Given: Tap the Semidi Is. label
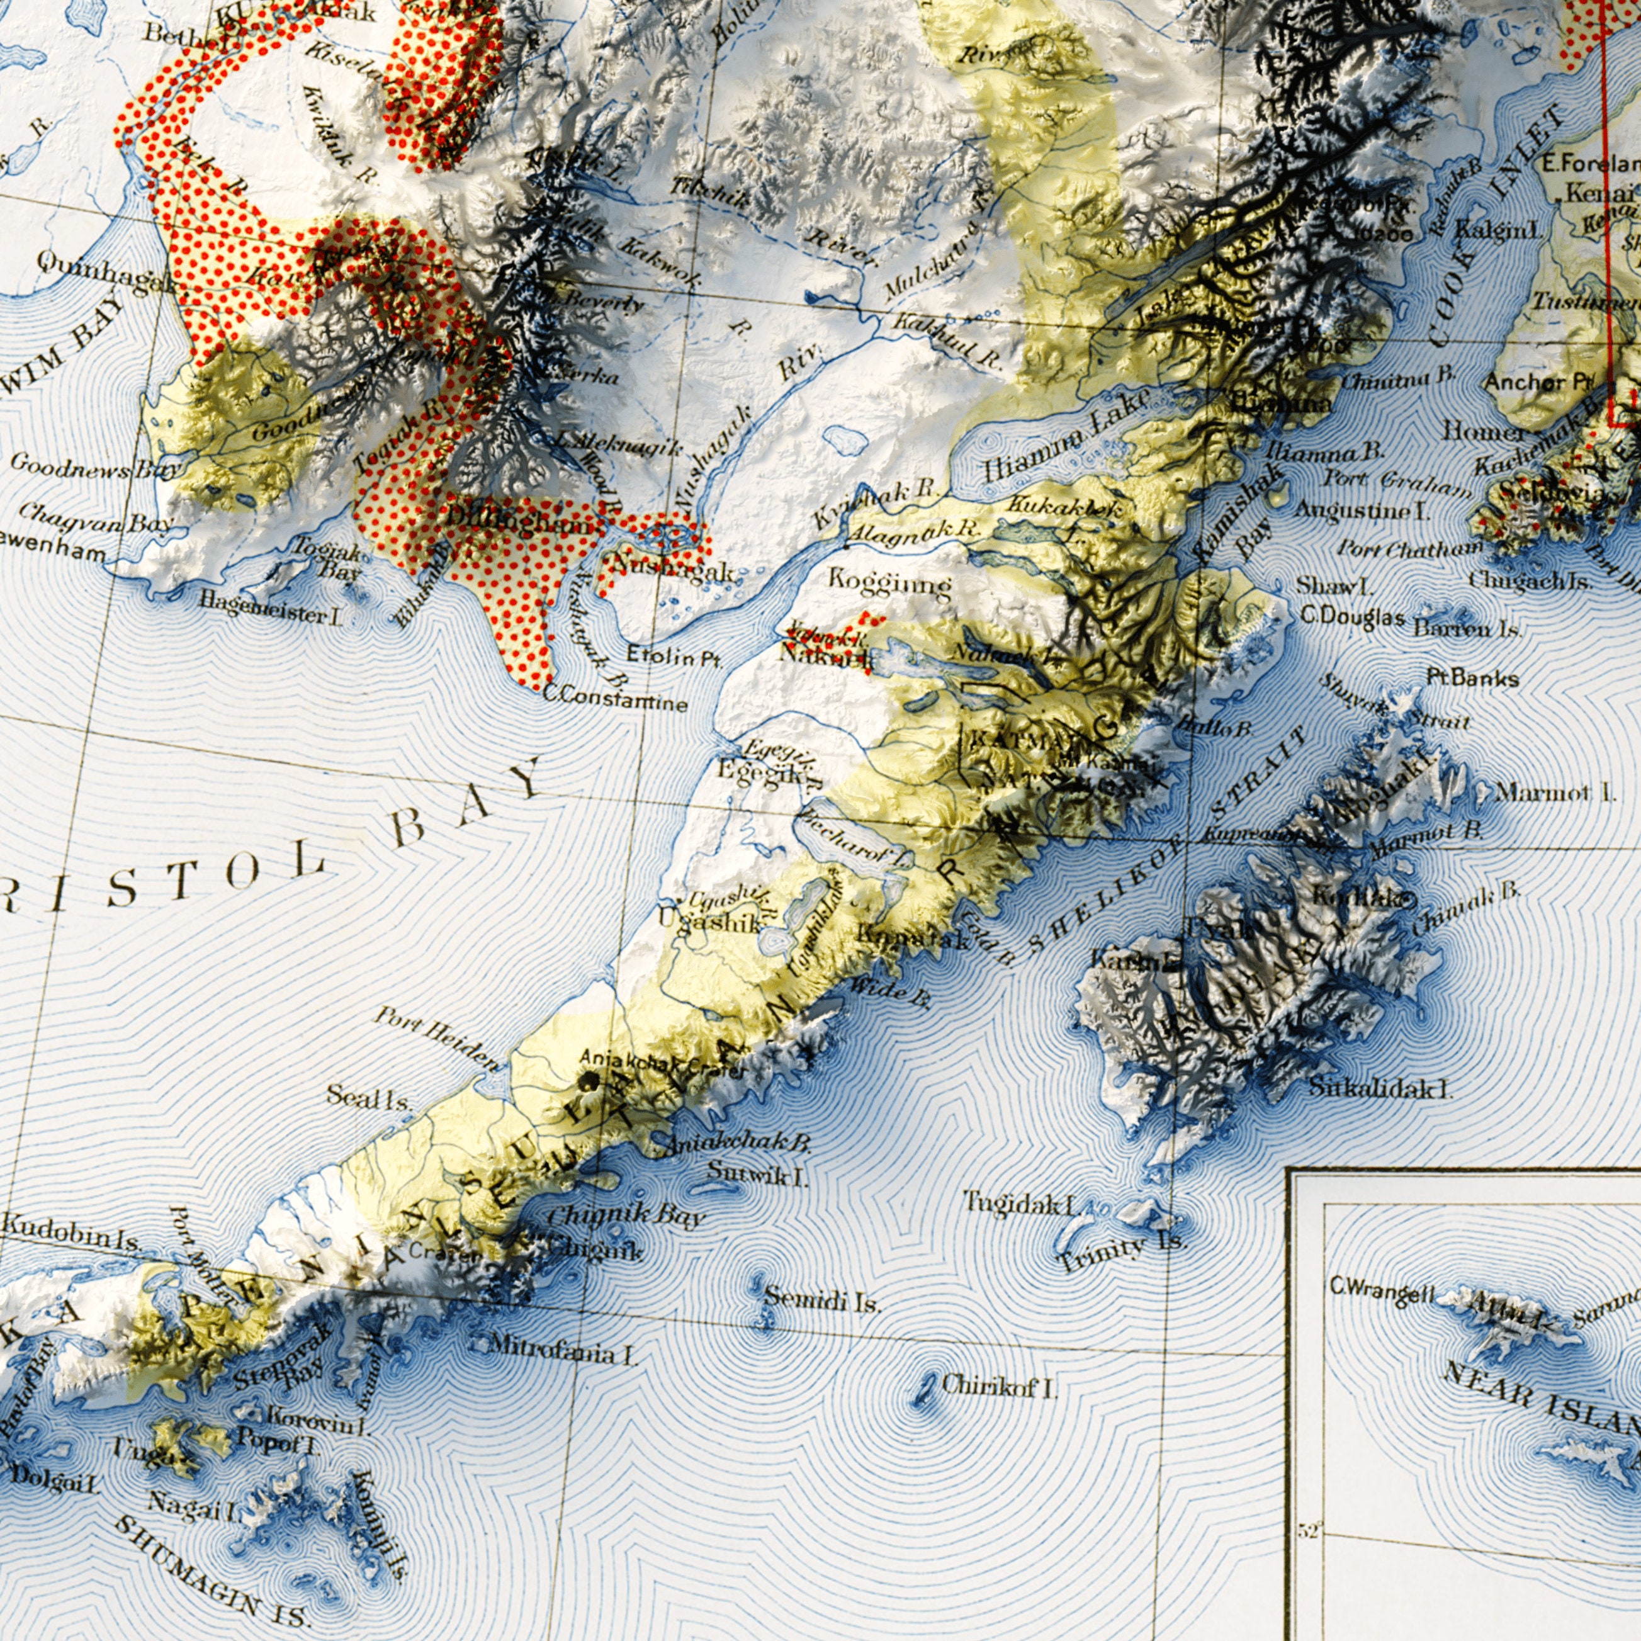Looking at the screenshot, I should pyautogui.click(x=821, y=1299).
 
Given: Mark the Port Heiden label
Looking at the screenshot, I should pyautogui.click(x=438, y=1038).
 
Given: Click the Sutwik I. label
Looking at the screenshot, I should pyautogui.click(x=758, y=1175).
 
